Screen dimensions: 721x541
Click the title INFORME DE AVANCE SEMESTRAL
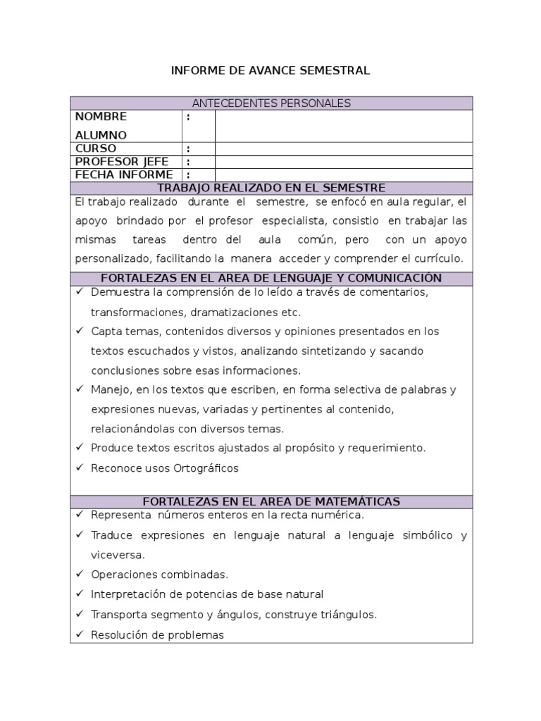[271, 70]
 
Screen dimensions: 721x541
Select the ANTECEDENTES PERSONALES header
[271, 104]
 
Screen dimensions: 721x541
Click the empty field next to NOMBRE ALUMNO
[343, 126]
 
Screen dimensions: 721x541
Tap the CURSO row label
[96, 149]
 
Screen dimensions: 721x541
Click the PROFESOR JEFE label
[122, 161]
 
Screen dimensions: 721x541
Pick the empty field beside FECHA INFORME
[343, 175]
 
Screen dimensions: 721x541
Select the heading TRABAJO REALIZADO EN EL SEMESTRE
[271, 188]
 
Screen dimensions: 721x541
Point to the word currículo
[442, 258]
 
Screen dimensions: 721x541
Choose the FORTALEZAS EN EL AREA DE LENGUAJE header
[271, 278]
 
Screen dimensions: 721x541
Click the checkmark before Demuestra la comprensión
[80, 291]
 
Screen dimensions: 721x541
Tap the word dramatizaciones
[243, 311]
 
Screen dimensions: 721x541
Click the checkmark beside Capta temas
[80, 331]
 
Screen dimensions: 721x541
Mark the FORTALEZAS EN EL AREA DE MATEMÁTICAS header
[271, 501]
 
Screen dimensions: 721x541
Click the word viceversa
[118, 555]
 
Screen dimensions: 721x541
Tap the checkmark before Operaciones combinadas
[80, 575]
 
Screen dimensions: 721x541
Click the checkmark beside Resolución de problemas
[80, 634]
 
